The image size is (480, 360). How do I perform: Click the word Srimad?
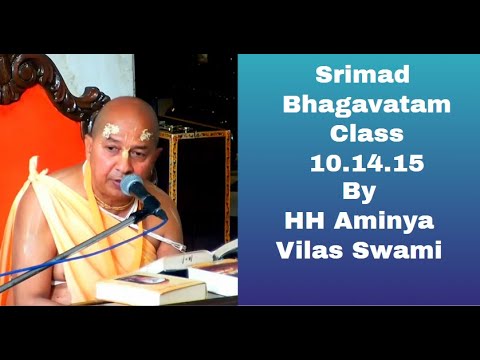pyautogui.click(x=357, y=75)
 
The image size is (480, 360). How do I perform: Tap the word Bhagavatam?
pyautogui.click(x=357, y=103)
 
